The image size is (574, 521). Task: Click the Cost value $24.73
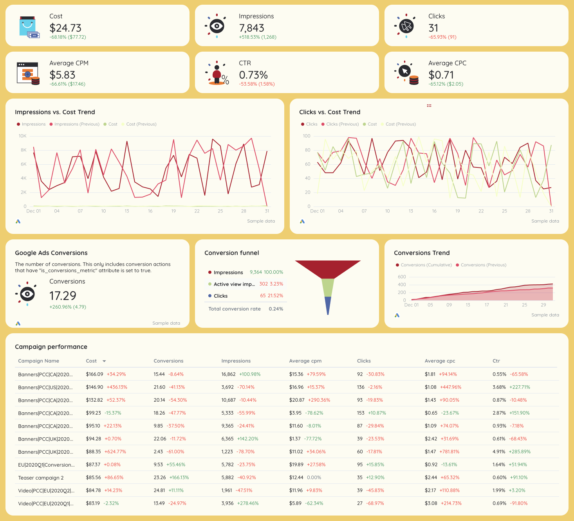click(65, 28)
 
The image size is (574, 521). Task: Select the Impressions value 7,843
click(251, 28)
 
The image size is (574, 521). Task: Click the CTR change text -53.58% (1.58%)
click(256, 84)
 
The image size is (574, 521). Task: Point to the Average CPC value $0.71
click(441, 75)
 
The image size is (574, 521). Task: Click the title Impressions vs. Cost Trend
click(55, 112)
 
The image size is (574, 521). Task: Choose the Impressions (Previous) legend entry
click(76, 124)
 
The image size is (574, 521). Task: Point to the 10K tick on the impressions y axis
click(23, 136)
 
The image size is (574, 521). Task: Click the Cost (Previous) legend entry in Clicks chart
click(400, 124)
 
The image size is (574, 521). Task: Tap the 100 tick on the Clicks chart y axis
click(306, 136)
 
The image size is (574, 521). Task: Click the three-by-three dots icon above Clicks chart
click(429, 106)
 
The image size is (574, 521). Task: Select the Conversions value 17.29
click(63, 296)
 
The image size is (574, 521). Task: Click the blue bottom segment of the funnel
click(328, 305)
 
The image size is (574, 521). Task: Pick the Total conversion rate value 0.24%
click(276, 309)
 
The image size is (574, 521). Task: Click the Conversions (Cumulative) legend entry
click(426, 265)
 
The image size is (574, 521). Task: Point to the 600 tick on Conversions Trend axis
click(402, 277)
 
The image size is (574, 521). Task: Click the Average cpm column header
click(305, 361)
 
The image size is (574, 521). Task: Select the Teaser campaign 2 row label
click(41, 478)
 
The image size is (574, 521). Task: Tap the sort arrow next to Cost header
click(104, 361)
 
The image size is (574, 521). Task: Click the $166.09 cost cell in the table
click(94, 374)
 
